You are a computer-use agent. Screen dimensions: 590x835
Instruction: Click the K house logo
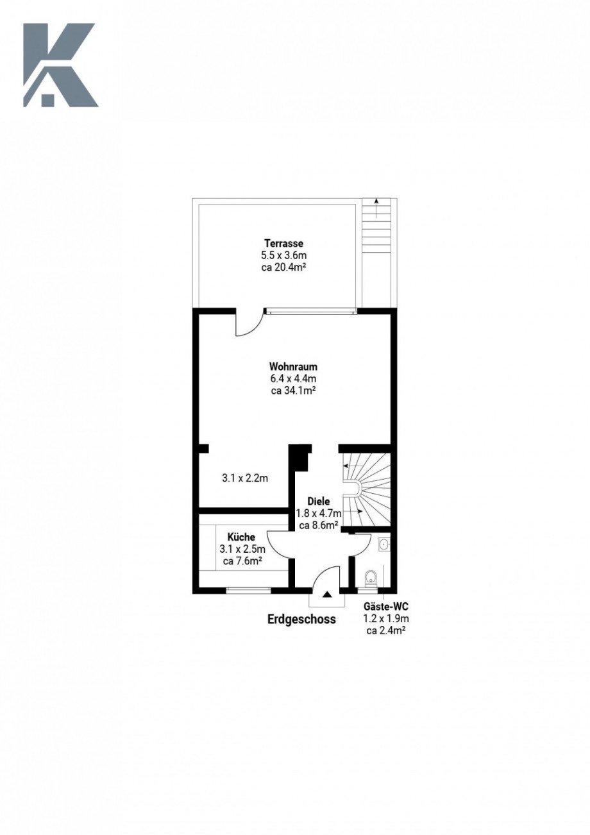click(60, 65)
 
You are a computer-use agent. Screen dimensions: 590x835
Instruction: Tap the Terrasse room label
click(283, 244)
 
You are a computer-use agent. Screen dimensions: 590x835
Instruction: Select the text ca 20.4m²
click(283, 267)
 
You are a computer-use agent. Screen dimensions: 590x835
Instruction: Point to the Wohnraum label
click(294, 366)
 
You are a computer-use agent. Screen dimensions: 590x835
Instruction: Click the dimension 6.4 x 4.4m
click(294, 378)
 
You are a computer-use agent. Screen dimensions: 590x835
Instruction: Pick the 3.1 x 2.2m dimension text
click(245, 478)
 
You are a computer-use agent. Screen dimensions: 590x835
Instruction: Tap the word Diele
click(318, 501)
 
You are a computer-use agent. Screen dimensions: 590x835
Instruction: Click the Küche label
click(242, 537)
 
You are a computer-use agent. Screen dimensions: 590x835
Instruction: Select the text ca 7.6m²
click(242, 561)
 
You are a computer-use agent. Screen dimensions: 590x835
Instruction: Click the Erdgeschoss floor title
click(301, 619)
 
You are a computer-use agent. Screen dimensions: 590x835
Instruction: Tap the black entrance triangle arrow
click(327, 595)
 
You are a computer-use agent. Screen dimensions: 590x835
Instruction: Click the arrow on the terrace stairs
click(377, 208)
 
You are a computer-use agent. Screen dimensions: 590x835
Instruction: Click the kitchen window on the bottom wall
click(248, 590)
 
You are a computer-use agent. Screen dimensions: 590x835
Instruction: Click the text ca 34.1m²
click(294, 391)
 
